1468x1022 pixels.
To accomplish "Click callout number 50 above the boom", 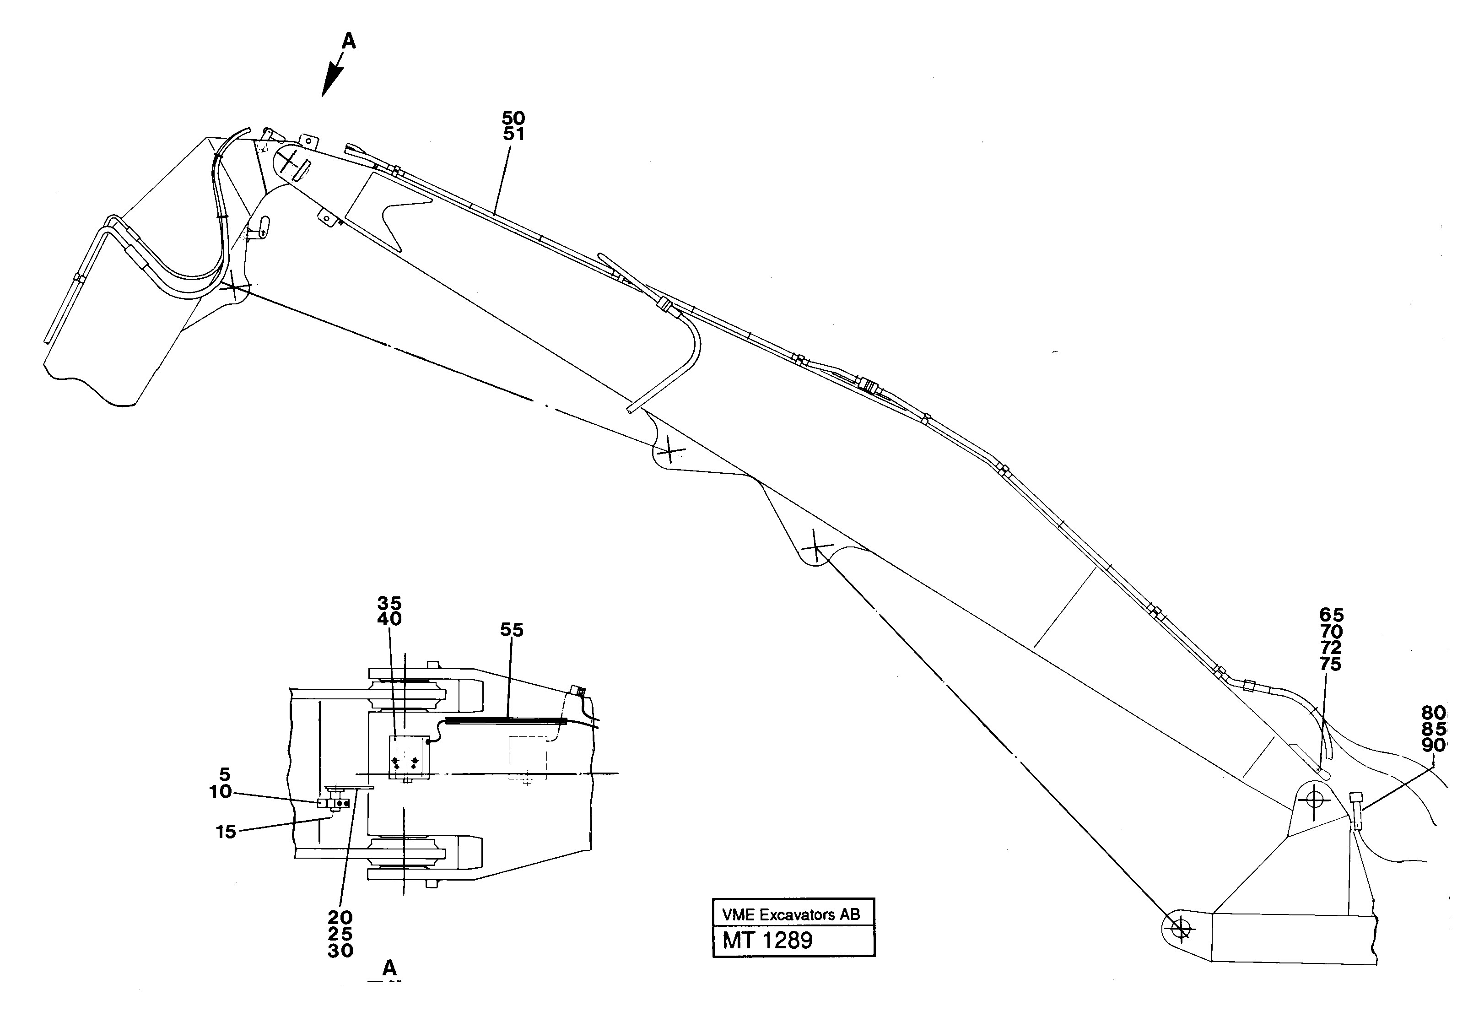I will click(513, 119).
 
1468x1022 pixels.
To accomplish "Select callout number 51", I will click(513, 134).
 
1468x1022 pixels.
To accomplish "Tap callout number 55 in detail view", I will click(512, 631).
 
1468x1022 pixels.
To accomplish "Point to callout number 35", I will click(389, 603).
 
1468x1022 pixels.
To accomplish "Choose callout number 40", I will click(389, 619).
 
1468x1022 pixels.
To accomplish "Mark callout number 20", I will click(340, 919).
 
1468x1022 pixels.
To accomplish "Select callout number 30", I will click(340, 951).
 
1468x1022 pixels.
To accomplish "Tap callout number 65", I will click(1331, 615).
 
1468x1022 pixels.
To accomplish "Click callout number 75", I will click(1331, 665).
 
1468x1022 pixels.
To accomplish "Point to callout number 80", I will click(1434, 713).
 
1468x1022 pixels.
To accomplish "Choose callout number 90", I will click(1434, 745).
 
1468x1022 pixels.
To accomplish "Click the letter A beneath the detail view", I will click(389, 968).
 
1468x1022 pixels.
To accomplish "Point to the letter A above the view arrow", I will click(348, 42).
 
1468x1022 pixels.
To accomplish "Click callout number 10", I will click(221, 792).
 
